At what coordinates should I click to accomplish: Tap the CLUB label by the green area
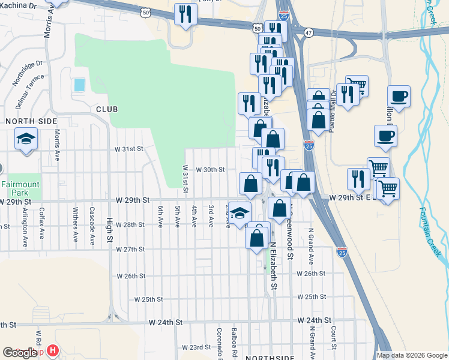click(x=106, y=109)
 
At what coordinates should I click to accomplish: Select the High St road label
click(x=110, y=232)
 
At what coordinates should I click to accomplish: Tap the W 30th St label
click(x=209, y=170)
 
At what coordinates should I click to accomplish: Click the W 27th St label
click(x=131, y=249)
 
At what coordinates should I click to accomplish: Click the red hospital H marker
click(x=53, y=350)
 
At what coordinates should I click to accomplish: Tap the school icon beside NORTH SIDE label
click(x=26, y=140)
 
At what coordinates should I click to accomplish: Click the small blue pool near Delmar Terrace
click(x=79, y=85)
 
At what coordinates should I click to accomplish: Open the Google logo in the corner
click(x=19, y=353)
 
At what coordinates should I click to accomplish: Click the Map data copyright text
click(x=412, y=355)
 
